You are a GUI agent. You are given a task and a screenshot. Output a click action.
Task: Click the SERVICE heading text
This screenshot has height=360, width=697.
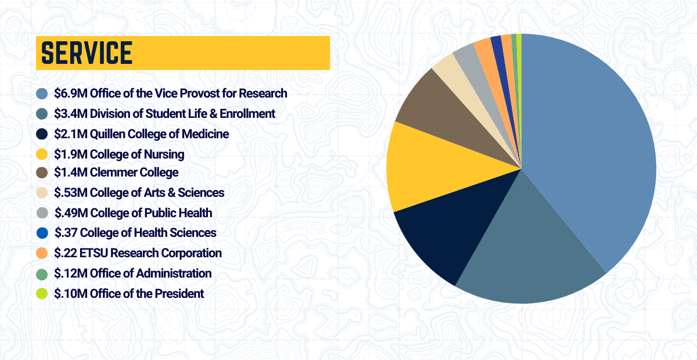click(87, 53)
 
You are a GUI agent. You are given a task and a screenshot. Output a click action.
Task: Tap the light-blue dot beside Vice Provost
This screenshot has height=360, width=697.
click(42, 93)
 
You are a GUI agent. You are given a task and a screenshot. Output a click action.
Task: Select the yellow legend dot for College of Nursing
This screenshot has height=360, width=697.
click(42, 154)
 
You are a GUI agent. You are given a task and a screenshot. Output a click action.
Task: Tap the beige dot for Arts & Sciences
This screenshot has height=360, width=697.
click(42, 193)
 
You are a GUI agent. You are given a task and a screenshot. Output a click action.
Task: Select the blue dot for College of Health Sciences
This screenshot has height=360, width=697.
click(42, 233)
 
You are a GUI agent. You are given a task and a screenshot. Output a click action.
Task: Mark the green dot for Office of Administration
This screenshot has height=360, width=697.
click(42, 273)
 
